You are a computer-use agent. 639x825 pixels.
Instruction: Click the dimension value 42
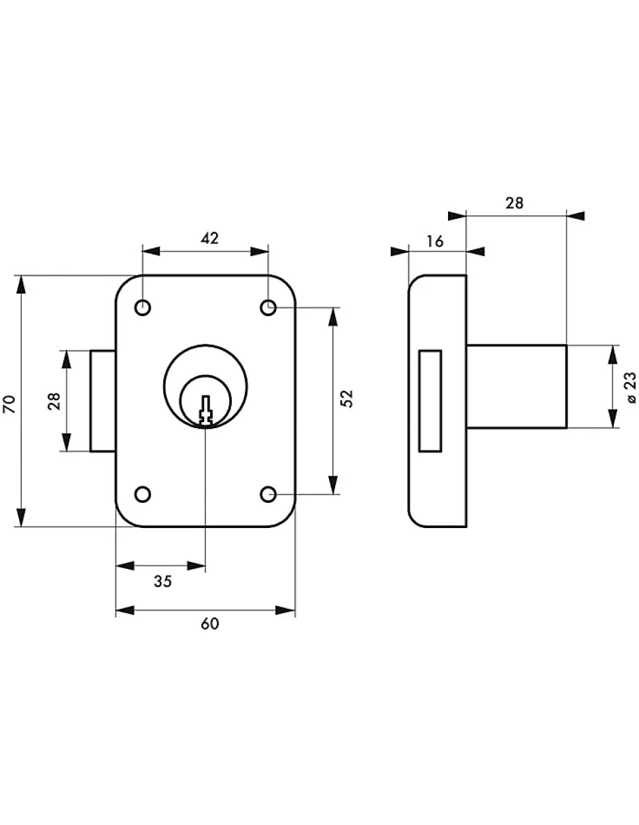209,238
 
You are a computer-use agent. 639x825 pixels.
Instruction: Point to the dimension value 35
162,581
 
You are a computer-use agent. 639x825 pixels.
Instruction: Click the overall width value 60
210,625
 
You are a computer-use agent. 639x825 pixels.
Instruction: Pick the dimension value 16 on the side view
436,241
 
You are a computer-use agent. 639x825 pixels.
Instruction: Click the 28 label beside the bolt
54,401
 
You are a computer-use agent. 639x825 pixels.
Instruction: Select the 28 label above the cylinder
515,203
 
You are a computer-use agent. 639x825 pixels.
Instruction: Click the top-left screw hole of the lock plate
143,309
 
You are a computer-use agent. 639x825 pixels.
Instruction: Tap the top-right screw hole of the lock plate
269,309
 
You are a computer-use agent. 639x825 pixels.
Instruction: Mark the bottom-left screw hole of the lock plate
143,494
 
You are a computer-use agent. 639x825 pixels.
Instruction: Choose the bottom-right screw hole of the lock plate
269,494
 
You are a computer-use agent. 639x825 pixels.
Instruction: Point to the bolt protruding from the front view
103,401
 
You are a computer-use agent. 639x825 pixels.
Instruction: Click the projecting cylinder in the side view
517,386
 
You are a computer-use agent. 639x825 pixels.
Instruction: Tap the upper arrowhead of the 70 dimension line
22,285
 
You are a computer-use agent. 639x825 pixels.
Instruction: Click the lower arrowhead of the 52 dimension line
332,485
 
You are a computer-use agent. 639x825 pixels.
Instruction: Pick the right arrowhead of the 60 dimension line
286,610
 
